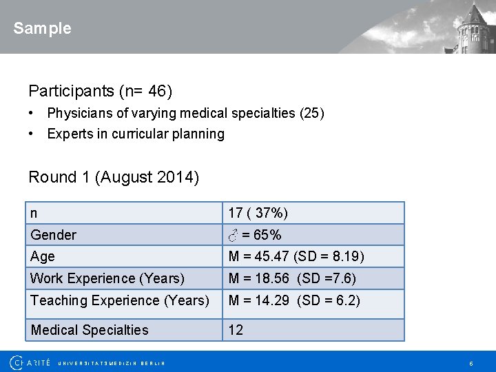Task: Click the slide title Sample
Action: (42, 28)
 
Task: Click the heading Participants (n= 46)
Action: (100, 91)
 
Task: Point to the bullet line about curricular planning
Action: (135, 134)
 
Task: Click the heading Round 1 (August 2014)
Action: (114, 177)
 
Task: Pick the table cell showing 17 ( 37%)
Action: (258, 213)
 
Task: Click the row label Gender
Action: (54, 235)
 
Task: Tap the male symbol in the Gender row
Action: (234, 235)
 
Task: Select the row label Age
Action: (42, 256)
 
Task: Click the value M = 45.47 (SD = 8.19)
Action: (296, 257)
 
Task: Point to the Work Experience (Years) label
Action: (107, 278)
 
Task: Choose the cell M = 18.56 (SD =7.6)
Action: (292, 278)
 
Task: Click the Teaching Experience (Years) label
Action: (120, 300)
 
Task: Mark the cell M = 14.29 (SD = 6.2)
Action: (294, 300)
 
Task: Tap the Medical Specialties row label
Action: (90, 330)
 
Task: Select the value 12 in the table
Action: (236, 330)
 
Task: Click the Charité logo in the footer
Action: (30, 362)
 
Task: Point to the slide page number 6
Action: (471, 363)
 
